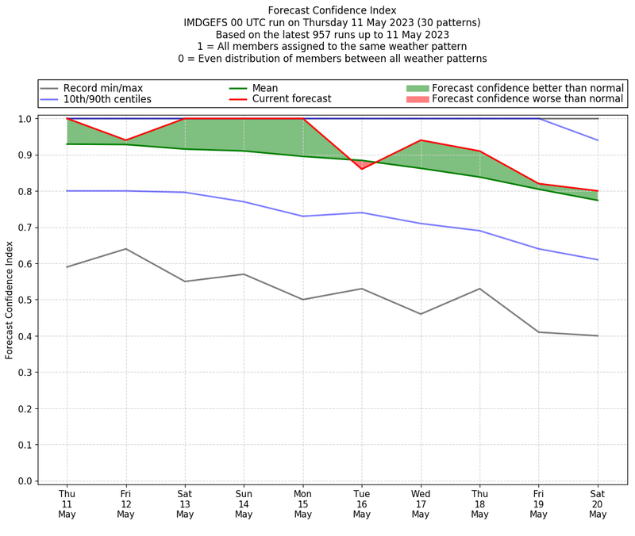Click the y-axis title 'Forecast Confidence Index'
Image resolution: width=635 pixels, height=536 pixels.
(10, 300)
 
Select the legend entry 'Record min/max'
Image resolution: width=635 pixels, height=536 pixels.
(102, 88)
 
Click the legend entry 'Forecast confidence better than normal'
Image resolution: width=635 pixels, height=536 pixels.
(528, 88)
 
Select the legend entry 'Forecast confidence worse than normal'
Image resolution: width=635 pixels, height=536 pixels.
(528, 100)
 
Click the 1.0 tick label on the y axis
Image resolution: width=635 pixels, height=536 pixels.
(25, 119)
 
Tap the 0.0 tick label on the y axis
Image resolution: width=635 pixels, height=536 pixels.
(25, 481)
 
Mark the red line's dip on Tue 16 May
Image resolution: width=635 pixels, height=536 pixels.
(362, 169)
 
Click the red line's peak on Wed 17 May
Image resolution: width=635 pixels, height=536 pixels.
(421, 140)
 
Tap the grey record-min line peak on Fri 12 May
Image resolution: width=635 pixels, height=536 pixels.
(125, 249)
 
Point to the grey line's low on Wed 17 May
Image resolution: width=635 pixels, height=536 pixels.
(421, 314)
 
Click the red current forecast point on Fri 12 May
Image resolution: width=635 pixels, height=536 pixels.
(125, 140)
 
